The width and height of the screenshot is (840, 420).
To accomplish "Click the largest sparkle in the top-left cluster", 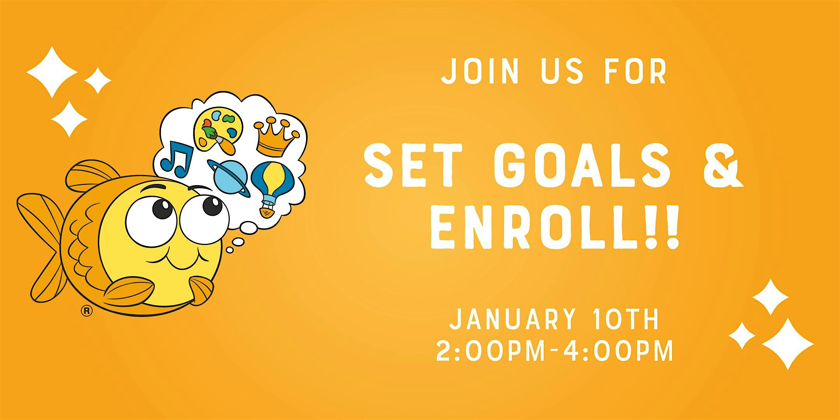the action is (52, 72).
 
